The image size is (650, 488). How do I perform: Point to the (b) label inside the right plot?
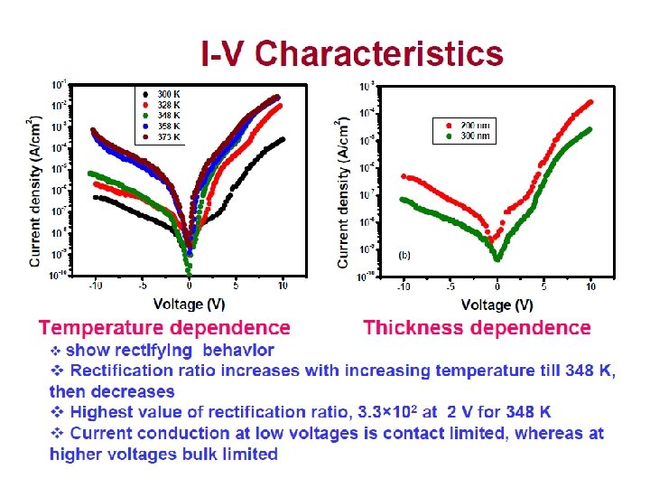[404, 255]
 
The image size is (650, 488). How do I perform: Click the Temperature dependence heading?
[164, 328]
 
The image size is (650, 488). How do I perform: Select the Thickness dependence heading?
[477, 328]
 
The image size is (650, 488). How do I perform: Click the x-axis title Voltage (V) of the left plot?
[190, 304]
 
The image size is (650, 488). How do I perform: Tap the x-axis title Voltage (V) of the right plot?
[497, 305]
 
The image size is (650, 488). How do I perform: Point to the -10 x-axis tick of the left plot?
[93, 286]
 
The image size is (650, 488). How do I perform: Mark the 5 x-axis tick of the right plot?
[543, 286]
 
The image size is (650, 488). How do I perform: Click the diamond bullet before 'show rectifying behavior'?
[55, 350]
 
